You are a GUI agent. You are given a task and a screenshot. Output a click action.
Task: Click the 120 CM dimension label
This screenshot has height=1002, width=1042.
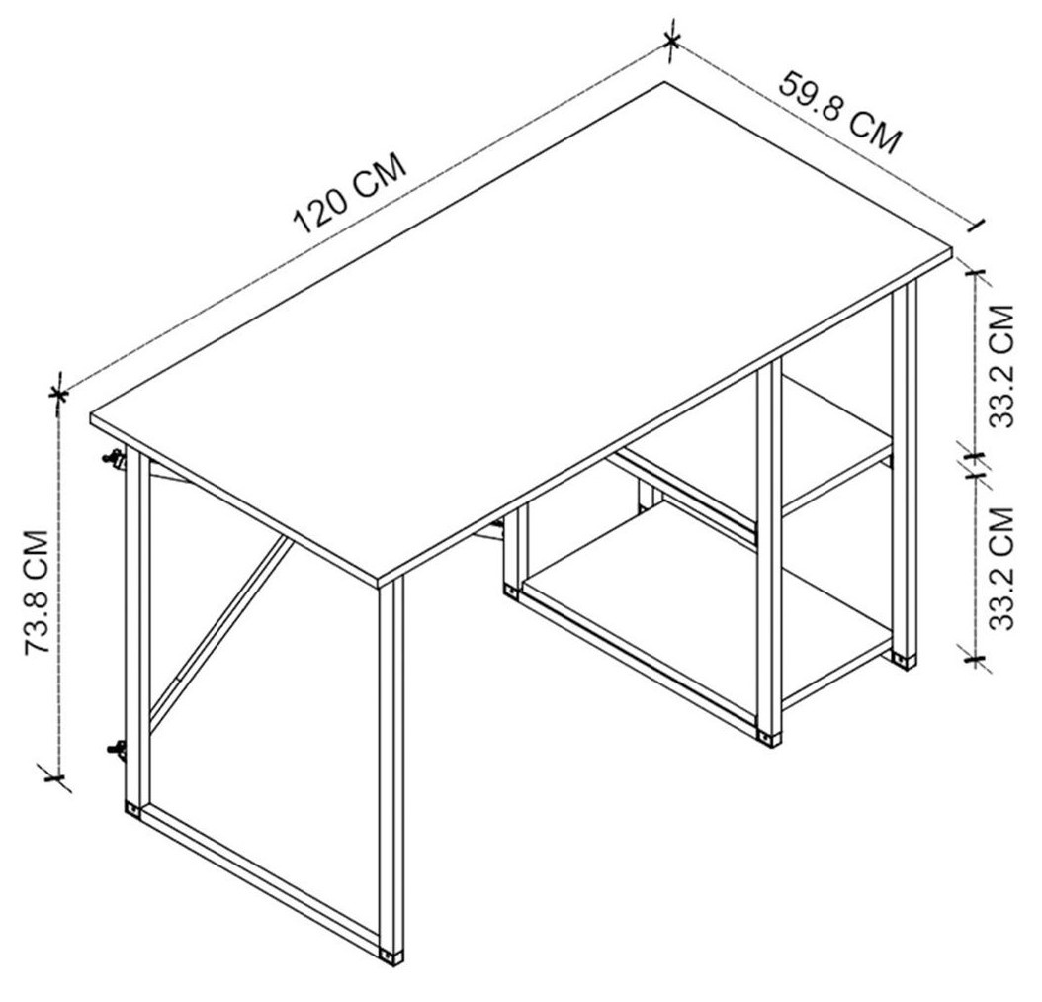350,194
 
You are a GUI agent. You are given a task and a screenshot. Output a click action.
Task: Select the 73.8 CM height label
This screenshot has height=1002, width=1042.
38,592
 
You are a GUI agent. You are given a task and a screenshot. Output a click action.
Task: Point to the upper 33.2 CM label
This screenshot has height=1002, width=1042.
1002,366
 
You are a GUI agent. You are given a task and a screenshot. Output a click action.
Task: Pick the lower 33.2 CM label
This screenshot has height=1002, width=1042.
1002,569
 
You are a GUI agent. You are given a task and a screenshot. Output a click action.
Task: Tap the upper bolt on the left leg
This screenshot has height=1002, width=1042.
115,459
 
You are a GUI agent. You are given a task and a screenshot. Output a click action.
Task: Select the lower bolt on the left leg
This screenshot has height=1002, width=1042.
117,749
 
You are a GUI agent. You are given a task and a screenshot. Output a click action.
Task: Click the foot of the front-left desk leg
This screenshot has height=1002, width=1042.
391,956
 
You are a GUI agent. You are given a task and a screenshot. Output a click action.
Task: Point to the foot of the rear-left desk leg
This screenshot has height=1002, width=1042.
132,810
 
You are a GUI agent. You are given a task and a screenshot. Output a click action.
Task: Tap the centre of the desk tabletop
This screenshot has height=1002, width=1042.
521,331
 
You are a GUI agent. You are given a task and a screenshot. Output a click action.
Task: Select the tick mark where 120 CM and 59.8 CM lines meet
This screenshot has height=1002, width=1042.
672,43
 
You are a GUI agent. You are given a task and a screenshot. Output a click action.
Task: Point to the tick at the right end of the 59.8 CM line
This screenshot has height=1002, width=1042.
977,226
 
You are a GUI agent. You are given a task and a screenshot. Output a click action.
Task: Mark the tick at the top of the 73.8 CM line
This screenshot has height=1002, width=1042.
59,395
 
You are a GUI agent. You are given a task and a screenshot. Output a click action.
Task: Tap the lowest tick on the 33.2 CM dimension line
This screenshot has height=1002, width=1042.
976,659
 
